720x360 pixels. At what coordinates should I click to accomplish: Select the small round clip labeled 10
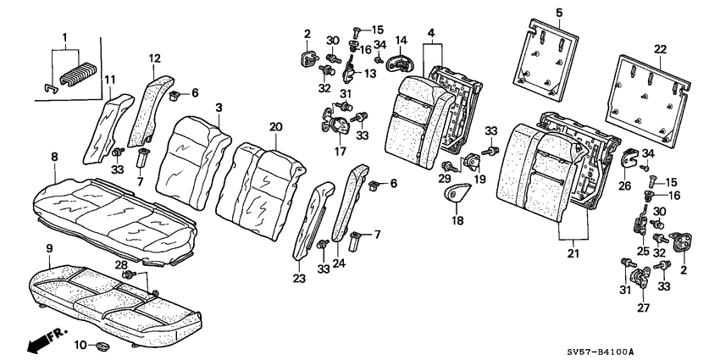tap(102, 345)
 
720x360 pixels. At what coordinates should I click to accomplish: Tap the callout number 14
tap(402, 40)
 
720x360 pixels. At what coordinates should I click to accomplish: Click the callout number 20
tap(274, 126)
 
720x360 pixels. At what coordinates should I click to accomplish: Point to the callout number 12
tap(154, 58)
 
